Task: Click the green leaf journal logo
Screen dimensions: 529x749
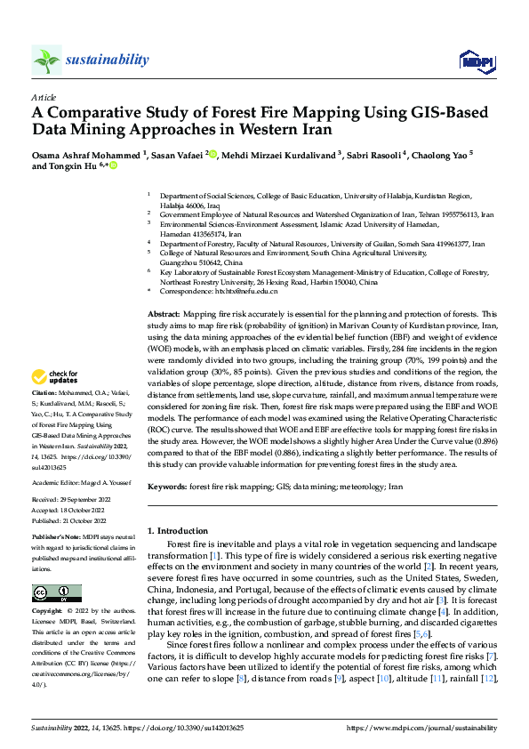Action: (x=46, y=60)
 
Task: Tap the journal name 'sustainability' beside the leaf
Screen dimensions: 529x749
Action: (x=107, y=60)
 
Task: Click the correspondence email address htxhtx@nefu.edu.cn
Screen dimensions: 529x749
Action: (x=244, y=291)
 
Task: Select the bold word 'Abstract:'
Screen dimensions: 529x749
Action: (x=163, y=314)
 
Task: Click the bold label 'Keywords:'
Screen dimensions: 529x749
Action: (x=166, y=487)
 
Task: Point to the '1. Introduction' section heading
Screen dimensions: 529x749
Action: (x=177, y=531)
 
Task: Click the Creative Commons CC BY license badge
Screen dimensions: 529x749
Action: (x=56, y=592)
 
